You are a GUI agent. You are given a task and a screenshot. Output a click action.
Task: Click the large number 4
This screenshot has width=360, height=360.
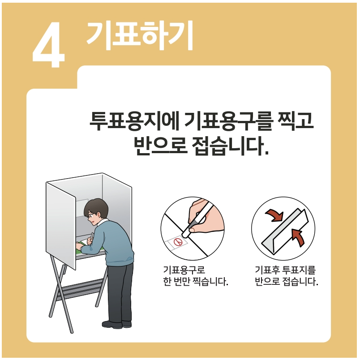point(49,45)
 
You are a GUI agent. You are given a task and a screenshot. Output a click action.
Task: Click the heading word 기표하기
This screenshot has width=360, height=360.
point(139,35)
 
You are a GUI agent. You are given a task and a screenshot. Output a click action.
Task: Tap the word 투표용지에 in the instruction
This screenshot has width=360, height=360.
point(134,121)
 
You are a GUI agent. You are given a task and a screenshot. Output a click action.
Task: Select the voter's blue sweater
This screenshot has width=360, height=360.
point(110,244)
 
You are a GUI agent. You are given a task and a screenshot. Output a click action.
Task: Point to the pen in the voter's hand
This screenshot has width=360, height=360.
point(92,236)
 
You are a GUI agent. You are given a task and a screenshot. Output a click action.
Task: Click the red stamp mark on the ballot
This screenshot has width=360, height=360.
point(178,241)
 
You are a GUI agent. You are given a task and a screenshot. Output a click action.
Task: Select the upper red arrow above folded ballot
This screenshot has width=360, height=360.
point(275,215)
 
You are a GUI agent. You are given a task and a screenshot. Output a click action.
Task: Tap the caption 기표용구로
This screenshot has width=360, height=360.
point(184,270)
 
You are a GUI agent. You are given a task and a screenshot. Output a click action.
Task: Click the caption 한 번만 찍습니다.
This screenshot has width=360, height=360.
point(195,282)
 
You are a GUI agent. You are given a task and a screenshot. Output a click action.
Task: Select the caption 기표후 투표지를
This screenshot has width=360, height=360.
point(285,270)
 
